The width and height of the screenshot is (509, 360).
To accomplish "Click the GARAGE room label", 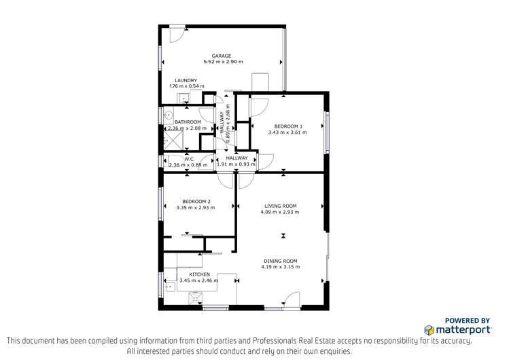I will pyautogui.click(x=221, y=56).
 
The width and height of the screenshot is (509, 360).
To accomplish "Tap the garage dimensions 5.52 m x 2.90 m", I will pyautogui.click(x=221, y=62).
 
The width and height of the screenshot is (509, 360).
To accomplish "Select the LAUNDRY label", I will pyautogui.click(x=185, y=80).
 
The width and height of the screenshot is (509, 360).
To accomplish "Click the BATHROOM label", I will pyautogui.click(x=188, y=122).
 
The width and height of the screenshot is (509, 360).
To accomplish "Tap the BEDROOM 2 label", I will pyautogui.click(x=195, y=201).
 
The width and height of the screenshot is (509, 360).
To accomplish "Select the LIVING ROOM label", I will pyautogui.click(x=280, y=206).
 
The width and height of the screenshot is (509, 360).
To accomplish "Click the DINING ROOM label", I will pyautogui.click(x=280, y=261).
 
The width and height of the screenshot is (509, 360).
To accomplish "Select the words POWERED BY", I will pyautogui.click(x=468, y=320).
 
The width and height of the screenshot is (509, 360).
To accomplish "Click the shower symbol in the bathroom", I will pyautogui.click(x=173, y=139).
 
